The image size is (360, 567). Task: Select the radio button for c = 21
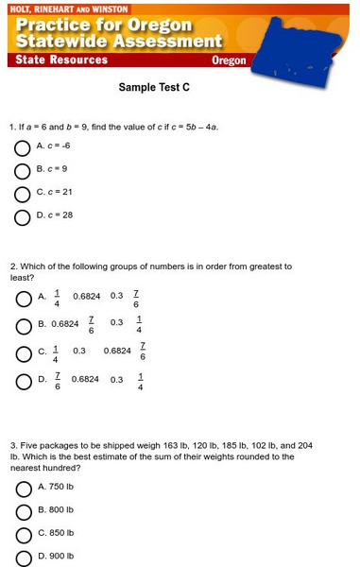tap(23, 195)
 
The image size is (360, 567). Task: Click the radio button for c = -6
tap(23, 148)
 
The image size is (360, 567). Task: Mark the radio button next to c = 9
tap(23, 171)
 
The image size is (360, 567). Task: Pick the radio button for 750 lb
tap(23, 490)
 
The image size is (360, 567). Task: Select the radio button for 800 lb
tap(23, 513)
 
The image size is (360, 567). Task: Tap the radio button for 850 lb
tap(23, 536)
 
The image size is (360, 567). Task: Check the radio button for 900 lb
tap(23, 558)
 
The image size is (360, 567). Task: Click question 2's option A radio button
tap(23, 300)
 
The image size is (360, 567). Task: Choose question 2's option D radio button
tap(23, 383)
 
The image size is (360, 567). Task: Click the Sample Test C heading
tap(154, 87)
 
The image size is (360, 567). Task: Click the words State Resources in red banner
tap(61, 60)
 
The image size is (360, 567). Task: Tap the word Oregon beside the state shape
tap(229, 60)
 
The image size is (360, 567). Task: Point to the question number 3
tap(12, 444)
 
